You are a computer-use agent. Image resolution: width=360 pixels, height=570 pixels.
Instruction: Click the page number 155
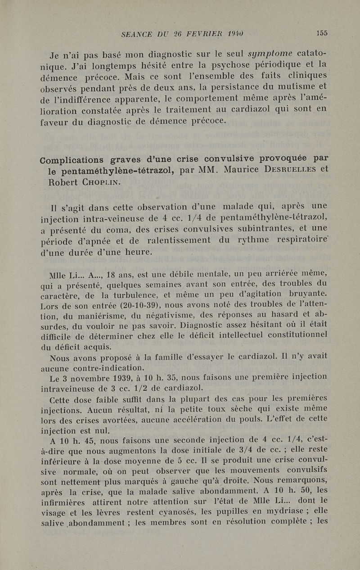coord(322,33)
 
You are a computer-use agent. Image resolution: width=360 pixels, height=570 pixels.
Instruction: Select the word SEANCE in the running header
coord(137,33)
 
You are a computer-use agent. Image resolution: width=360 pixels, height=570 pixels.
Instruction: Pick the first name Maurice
coord(237,170)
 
